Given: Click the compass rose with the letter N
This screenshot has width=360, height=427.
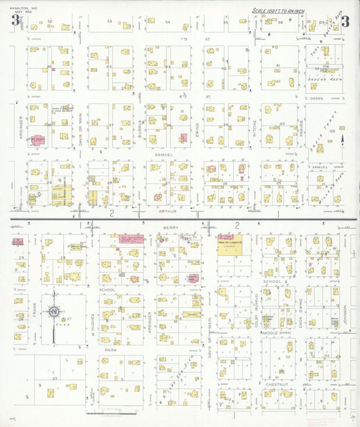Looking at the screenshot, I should pyautogui.click(x=53, y=311).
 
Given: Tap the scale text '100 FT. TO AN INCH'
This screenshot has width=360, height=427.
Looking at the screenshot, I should pyautogui.click(x=284, y=11).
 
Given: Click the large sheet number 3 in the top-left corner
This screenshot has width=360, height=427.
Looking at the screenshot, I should pyautogui.click(x=14, y=21).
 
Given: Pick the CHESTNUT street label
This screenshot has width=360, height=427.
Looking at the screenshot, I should pyautogui.click(x=277, y=384).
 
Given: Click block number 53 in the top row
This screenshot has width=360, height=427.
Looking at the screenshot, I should pyautogui.click(x=109, y=22).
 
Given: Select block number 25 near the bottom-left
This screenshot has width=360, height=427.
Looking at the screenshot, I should pyautogui.click(x=54, y=379).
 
